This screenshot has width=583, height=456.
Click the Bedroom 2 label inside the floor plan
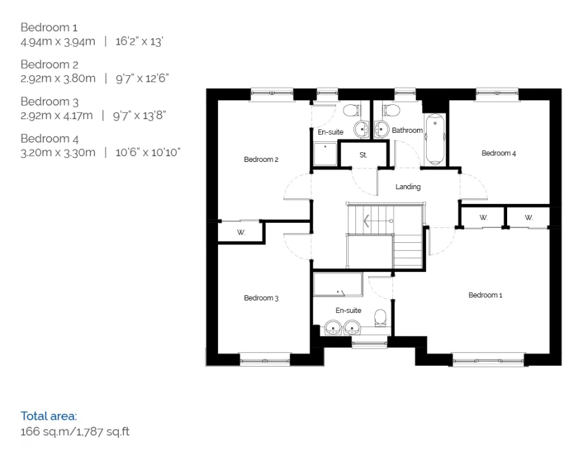click(261, 159)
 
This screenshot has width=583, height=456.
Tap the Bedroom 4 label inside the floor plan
click(499, 153)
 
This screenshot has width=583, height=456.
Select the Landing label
click(408, 187)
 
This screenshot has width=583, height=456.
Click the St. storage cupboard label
click(363, 155)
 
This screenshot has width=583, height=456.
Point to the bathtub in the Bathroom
click(435, 139)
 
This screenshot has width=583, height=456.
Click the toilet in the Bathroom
click(391, 110)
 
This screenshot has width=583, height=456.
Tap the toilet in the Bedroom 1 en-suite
click(380, 318)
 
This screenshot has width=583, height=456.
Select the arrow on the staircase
click(378, 221)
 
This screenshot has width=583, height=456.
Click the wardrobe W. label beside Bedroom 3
click(241, 233)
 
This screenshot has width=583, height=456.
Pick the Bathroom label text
click(407, 130)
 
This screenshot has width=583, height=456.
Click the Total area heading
click(49, 416)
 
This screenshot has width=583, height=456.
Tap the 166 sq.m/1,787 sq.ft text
click(75, 431)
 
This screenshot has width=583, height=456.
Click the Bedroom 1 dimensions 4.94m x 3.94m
click(58, 41)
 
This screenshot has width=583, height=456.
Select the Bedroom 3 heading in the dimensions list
click(49, 102)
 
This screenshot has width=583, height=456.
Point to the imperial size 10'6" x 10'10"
click(148, 152)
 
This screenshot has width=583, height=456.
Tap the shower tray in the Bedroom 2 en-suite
click(325, 154)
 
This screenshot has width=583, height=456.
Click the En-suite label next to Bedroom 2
click(331, 132)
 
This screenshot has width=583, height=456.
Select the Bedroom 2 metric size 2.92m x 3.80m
click(58, 78)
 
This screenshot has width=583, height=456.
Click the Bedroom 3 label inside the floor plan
click(261, 298)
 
